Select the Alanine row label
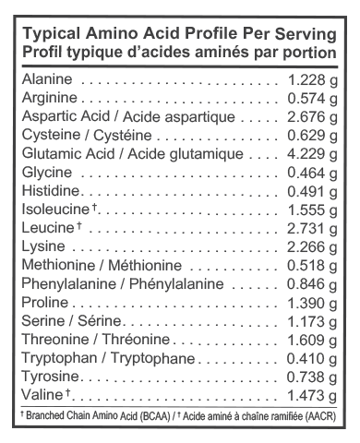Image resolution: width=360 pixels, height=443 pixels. [42, 79]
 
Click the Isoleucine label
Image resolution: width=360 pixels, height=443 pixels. [53, 209]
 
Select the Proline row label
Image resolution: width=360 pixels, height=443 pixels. [41, 302]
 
